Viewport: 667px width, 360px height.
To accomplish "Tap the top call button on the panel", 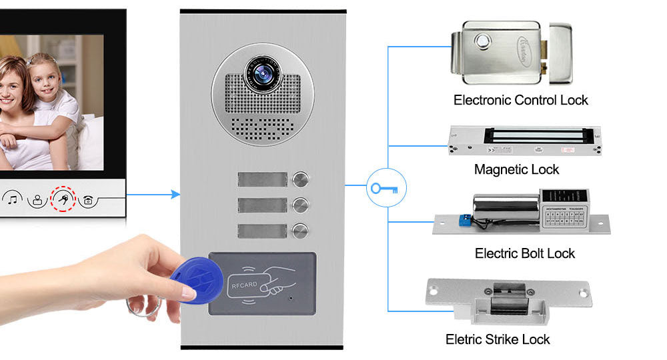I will (301, 179).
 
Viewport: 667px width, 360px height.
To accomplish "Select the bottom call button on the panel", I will (301, 230).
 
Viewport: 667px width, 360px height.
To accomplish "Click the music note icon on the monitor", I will (14, 198).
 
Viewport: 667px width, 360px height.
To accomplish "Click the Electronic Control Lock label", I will (520, 101).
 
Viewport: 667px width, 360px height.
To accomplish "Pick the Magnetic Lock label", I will (516, 169).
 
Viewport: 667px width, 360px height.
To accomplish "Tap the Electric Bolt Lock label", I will (524, 253).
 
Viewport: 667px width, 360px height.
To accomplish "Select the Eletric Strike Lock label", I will (498, 339).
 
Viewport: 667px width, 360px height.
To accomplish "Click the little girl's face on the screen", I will (45, 76).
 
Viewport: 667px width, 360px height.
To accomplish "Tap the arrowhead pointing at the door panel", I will (175, 195).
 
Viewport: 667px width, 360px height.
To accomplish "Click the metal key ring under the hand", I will (143, 308).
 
